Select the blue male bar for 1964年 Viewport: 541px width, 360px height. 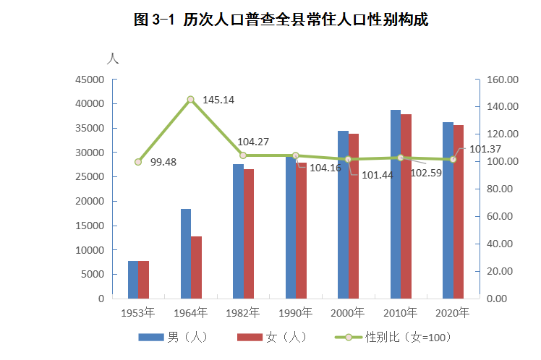click(x=186, y=253)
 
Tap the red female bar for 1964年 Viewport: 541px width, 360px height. click(x=196, y=267)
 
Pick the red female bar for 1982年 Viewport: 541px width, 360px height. click(x=249, y=233)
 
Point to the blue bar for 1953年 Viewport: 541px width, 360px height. click(x=133, y=279)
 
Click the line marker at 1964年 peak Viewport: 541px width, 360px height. click(x=191, y=100)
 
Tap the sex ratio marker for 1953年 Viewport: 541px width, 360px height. click(x=138, y=162)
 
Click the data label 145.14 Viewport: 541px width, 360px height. click(x=218, y=100)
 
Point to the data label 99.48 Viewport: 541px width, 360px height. click(x=163, y=163)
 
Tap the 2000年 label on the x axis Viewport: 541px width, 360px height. click(x=348, y=313)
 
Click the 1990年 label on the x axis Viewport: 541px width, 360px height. click(x=296, y=313)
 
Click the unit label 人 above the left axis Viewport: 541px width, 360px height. click(x=112, y=59)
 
